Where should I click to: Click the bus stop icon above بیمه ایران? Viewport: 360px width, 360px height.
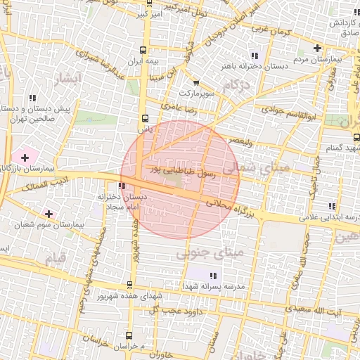click(143, 50)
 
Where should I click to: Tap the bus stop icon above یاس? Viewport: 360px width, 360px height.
click(145, 118)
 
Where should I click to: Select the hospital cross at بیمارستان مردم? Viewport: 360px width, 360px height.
click(318, 49)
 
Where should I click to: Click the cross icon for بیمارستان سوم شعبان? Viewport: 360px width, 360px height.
click(48, 213)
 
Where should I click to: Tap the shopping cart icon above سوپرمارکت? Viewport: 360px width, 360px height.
click(195, 82)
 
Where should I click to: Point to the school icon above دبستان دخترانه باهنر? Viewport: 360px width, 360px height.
click(255, 55)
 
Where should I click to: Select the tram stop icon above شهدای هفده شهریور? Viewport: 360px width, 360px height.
click(129, 285)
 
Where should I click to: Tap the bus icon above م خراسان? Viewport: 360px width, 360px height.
click(129, 335)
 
